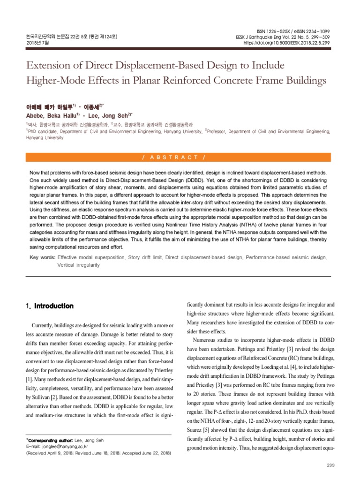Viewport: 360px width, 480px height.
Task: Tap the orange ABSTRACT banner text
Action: point(180,156)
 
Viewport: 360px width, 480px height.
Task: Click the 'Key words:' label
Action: point(42,257)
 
